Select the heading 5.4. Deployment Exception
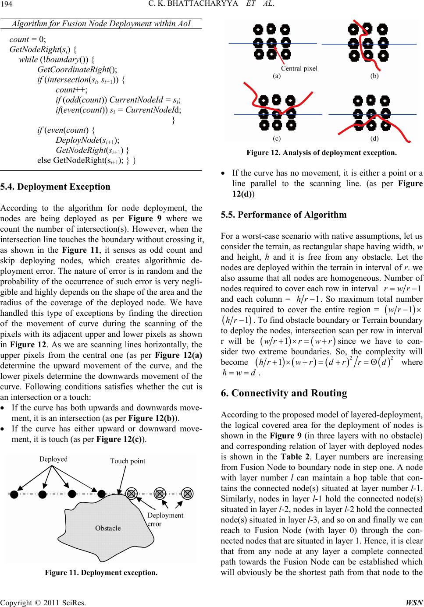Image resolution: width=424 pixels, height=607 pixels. point(56,187)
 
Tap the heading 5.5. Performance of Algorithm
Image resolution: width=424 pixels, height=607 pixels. point(284,215)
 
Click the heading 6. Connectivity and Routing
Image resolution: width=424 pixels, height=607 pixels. point(284,393)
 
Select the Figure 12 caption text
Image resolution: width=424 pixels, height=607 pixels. point(321,153)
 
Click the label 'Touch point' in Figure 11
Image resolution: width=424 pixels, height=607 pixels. point(128,461)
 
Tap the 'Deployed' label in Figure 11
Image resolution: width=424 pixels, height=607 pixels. point(53,459)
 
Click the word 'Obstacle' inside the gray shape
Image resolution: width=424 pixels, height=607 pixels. point(108,528)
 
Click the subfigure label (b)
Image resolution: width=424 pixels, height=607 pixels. point(374,76)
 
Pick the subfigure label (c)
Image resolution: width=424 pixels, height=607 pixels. point(277,138)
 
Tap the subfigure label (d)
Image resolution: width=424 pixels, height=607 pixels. point(374,138)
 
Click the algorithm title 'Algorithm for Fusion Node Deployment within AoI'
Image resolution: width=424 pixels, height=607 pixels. point(101,23)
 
